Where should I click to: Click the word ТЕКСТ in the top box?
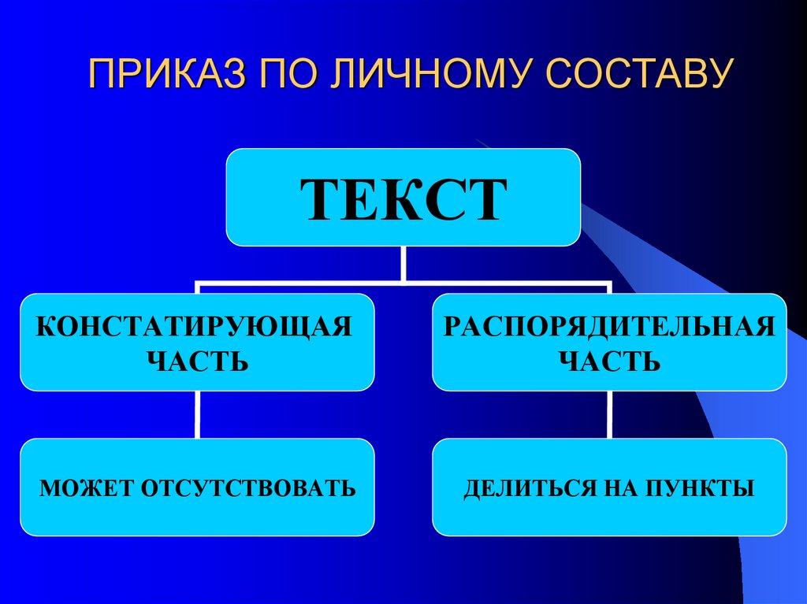403,200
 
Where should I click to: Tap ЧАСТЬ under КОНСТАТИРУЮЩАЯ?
197,362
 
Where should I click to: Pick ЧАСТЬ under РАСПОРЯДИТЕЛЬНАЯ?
609,362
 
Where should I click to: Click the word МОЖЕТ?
87,488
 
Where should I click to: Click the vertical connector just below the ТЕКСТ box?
403,263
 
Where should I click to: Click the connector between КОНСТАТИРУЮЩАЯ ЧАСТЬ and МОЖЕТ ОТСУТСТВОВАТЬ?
196,414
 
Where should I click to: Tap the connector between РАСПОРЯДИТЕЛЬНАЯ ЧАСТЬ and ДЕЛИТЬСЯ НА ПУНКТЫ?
610,414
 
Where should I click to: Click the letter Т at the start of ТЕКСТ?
325,200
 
